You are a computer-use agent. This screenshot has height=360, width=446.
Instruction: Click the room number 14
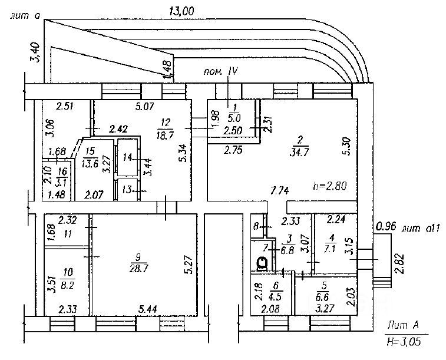[127, 157]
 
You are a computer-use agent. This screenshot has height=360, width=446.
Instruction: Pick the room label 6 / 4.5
[275, 292]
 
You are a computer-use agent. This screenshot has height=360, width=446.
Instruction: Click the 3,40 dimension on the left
[37, 53]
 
